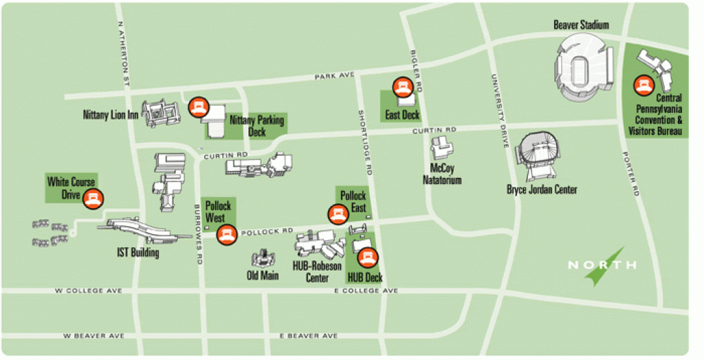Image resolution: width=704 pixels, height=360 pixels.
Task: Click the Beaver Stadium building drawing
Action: (x=585, y=68)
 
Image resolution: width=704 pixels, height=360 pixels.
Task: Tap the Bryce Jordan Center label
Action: (x=542, y=190)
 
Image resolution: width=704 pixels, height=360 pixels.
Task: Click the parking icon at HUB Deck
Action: (x=369, y=258)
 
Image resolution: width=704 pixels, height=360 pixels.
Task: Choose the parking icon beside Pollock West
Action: (x=225, y=235)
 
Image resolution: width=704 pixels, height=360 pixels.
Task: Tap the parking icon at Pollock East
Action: (x=337, y=214)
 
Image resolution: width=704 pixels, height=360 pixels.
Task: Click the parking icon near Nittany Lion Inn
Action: (x=198, y=106)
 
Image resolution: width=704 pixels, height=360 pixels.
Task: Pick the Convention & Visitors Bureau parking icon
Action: (x=644, y=84)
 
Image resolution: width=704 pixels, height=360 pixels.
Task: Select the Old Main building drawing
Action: (x=262, y=259)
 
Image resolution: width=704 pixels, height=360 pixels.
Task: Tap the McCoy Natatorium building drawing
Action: (x=442, y=148)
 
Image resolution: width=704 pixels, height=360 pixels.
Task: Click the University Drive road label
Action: (x=500, y=109)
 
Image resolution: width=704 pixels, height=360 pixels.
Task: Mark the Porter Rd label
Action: (x=632, y=175)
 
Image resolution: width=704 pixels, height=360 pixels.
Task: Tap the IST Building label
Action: (x=137, y=253)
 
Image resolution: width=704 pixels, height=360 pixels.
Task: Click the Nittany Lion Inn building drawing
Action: (x=159, y=114)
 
